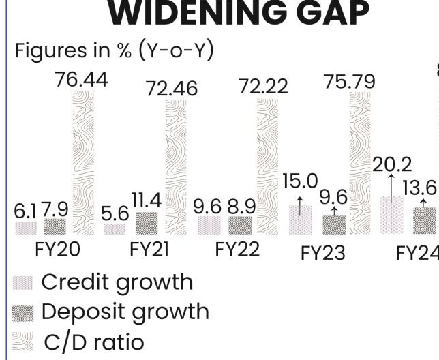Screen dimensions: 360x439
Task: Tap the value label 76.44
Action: (81, 80)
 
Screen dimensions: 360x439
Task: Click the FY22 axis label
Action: (237, 250)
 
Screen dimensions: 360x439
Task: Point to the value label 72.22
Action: (262, 87)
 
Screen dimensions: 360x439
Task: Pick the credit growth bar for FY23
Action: (300, 220)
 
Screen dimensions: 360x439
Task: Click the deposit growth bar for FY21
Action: (147, 224)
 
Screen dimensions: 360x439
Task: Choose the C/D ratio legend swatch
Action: (22, 341)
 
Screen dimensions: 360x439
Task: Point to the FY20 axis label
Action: (57, 250)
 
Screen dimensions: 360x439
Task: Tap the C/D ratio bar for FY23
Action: (360, 164)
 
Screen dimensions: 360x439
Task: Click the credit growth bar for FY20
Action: (25, 228)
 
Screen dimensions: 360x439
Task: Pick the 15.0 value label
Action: (300, 182)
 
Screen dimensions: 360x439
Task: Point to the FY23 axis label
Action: (323, 253)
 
